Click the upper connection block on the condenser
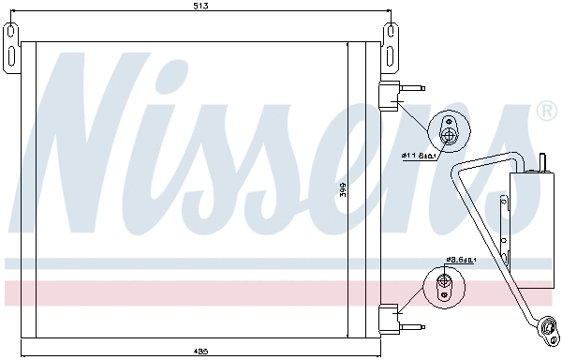[x=388, y=94]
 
